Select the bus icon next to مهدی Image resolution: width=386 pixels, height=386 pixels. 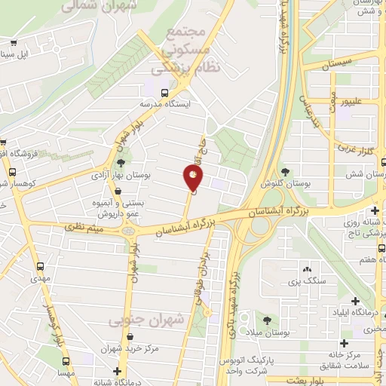41,266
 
